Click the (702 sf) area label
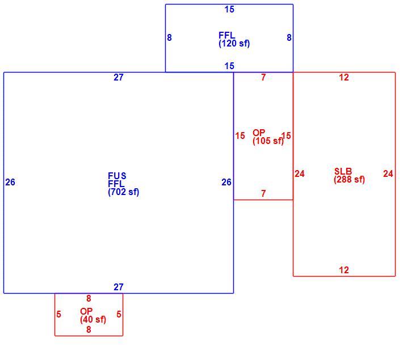pos(124,192)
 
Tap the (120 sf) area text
pos(234,43)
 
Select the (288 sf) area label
pos(349,180)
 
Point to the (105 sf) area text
pos(268,141)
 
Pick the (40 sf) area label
pos(93,320)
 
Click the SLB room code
pos(343,171)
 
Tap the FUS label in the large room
pos(117,176)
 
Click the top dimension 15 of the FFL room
pos(229,10)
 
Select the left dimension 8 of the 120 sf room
pos(169,37)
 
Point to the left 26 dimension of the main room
pos(10,182)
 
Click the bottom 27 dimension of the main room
pos(119,287)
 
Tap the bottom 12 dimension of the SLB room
pos(344,270)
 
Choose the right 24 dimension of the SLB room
pos(388,173)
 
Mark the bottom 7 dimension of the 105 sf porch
pos(263,193)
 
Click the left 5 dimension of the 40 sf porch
pos(58,314)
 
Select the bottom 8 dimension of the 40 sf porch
pos(89,329)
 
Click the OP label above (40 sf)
pos(86,311)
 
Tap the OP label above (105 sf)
pos(259,133)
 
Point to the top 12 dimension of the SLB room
pos(344,77)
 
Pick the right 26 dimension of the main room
pos(226,182)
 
